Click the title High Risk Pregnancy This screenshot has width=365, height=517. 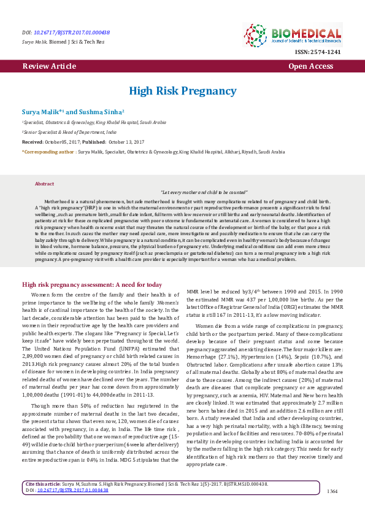coord(182,91)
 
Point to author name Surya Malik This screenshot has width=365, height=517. coord(40,112)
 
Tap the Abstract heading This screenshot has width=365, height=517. coord(45,184)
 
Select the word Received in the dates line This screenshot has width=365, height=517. coord(33,141)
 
